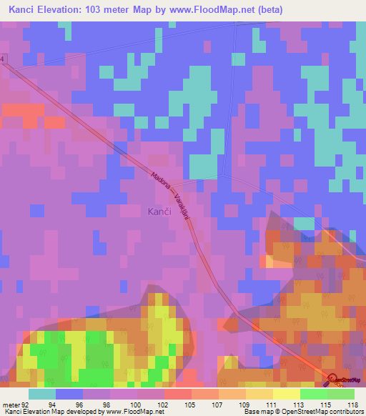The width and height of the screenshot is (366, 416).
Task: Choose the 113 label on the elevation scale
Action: coord(300,404)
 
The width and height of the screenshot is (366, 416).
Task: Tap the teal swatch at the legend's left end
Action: coord(42,394)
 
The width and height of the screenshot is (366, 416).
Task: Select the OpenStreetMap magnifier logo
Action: coord(332,382)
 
